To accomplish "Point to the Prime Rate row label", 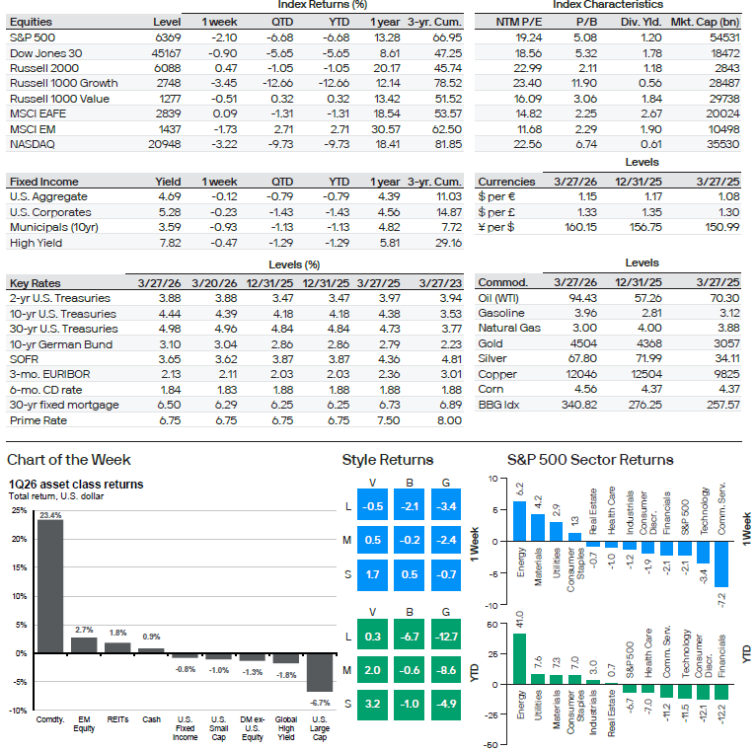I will [38, 420].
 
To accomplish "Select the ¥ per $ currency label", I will [498, 228].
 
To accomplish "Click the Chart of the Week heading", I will [69, 460].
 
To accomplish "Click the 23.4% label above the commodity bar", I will [50, 515].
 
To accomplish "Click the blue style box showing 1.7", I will [373, 573].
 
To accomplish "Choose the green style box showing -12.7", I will [447, 637].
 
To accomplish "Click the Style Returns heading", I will [387, 460].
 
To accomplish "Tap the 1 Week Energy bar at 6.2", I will [519, 521].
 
